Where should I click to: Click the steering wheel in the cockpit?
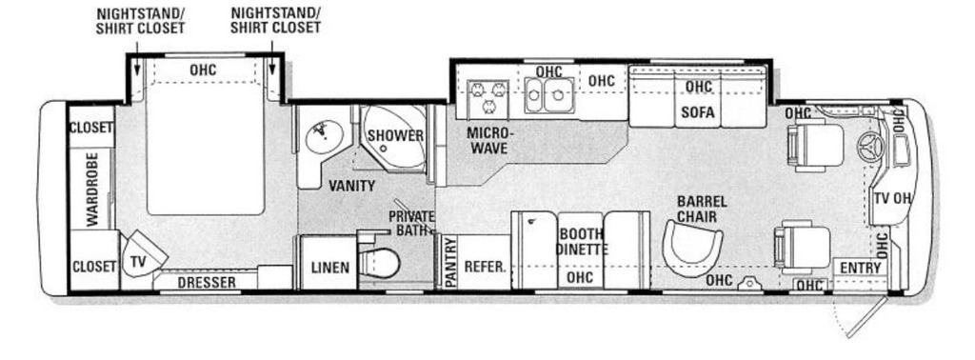(x=869, y=148)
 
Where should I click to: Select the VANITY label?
(x=352, y=186)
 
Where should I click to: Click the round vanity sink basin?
(x=325, y=136)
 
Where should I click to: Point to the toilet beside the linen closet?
(x=378, y=262)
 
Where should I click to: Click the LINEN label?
(x=329, y=268)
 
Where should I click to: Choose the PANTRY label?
(x=451, y=263)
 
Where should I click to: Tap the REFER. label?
(x=485, y=267)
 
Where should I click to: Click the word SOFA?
(x=698, y=113)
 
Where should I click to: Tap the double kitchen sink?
(x=549, y=96)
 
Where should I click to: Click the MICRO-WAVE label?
(x=488, y=141)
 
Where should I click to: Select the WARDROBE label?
(x=92, y=189)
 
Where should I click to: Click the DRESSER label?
(x=207, y=282)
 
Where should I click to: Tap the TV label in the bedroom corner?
(x=138, y=262)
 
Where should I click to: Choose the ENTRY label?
(x=861, y=268)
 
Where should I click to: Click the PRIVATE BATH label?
(x=411, y=223)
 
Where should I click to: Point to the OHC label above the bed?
(x=204, y=70)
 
